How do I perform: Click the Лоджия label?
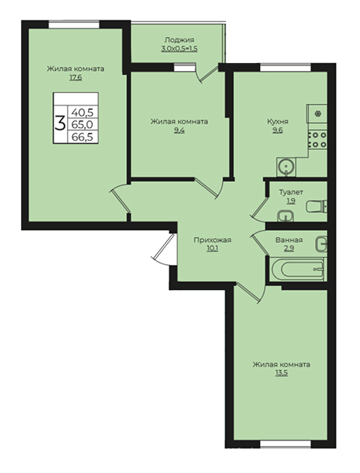(x=179, y=40)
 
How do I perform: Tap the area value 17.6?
(x=76, y=78)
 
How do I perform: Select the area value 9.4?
(x=179, y=131)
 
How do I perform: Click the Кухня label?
(x=278, y=121)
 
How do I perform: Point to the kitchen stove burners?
(x=317, y=140)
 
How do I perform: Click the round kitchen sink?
(x=286, y=167)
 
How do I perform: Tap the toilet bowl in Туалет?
(x=317, y=207)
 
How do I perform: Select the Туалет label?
(x=291, y=192)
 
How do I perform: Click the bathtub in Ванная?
(x=298, y=270)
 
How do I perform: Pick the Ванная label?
(x=289, y=240)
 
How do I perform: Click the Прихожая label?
(x=212, y=240)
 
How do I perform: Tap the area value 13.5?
(x=281, y=373)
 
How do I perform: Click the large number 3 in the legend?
(x=61, y=124)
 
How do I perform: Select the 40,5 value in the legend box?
(x=83, y=113)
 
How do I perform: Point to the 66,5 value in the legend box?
(x=83, y=137)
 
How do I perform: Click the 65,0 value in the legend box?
(x=83, y=125)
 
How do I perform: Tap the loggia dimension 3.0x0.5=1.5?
(x=179, y=49)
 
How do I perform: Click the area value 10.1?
(x=212, y=249)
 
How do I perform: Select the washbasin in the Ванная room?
(x=321, y=244)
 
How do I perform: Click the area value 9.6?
(x=278, y=131)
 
